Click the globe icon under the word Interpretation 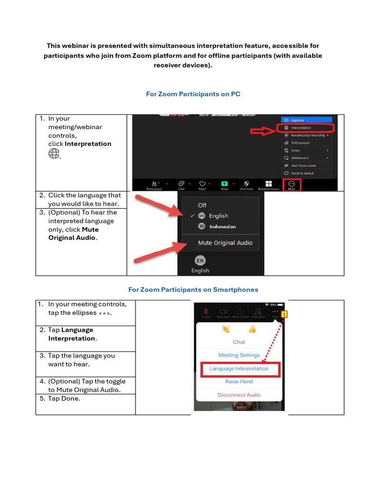[54, 153]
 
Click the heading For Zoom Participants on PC [193, 94]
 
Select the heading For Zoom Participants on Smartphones [193, 289]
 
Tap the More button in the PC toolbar [291, 185]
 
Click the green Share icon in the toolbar [224, 185]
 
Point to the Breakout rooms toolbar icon [269, 185]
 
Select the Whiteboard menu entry [299, 158]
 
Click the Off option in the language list [202, 205]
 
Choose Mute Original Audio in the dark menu [225, 243]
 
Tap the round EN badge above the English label [200, 261]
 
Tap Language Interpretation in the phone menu [239, 368]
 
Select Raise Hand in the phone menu [239, 381]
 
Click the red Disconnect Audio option [239, 394]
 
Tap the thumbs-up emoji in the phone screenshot [252, 329]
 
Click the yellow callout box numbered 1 [284, 314]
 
